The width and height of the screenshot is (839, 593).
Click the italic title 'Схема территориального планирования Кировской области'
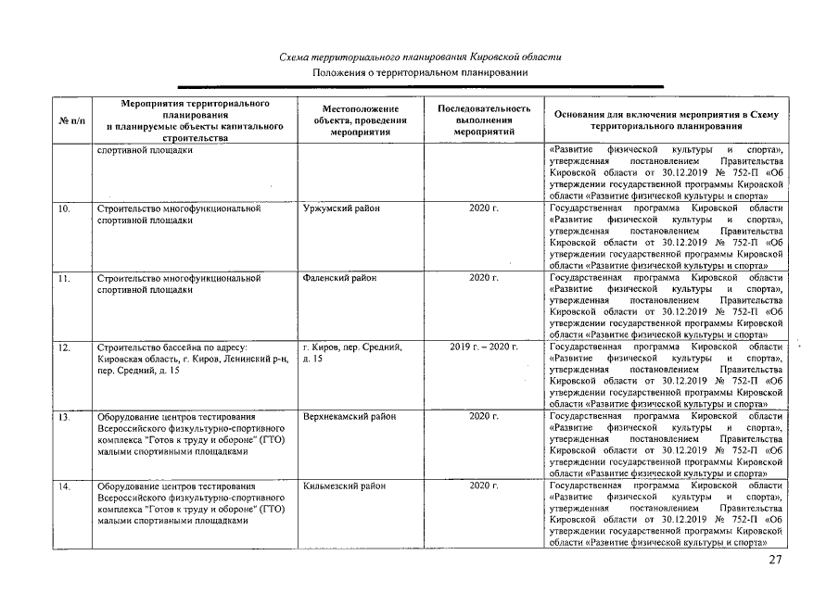click(420, 57)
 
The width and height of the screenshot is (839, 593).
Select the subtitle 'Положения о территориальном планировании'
click(420, 72)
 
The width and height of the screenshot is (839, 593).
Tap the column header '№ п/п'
click(71, 120)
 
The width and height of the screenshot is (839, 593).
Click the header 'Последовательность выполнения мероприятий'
click(483, 120)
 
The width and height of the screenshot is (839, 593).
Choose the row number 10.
click(65, 209)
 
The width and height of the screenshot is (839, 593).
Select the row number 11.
click(65, 278)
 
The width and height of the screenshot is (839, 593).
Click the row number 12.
click(65, 347)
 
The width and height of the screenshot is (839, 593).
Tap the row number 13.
click(65, 417)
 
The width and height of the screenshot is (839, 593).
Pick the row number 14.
click(65, 486)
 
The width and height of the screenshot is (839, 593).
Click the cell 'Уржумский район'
click(340, 209)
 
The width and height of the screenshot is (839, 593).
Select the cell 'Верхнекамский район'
click(349, 417)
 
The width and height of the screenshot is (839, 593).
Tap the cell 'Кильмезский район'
click(343, 486)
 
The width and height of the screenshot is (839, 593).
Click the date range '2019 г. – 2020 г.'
click(483, 347)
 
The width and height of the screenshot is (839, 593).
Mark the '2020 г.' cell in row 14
click(483, 486)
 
